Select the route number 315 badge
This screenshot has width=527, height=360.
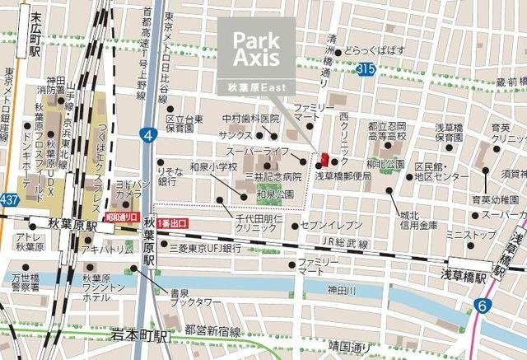coord(368,72)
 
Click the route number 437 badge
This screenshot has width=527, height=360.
coord(9,200)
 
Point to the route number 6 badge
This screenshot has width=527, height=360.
coord(480,306)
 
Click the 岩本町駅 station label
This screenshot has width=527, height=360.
coord(139,335)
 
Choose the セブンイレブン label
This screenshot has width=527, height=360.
coord(331,225)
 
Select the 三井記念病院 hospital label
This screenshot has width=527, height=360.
coord(273,176)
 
